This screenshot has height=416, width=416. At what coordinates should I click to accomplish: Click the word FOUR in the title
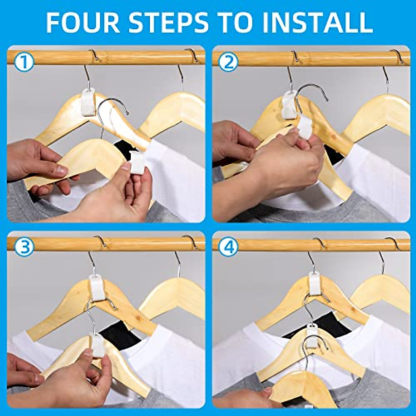[83, 23]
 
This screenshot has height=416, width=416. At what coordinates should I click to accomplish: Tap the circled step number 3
[24, 247]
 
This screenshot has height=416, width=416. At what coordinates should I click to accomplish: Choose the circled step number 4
[229, 247]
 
